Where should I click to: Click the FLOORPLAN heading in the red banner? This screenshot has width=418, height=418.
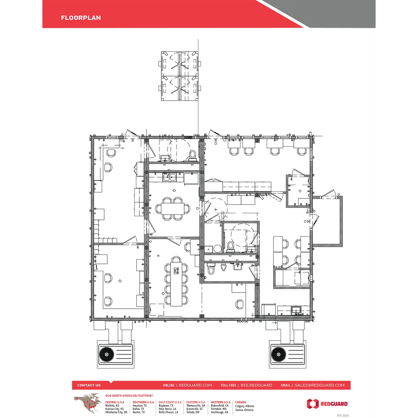pyautogui.click(x=81, y=18)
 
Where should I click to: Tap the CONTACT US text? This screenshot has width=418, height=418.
pyautogui.click(x=89, y=385)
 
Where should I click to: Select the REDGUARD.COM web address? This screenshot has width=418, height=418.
pyautogui.click(x=195, y=385)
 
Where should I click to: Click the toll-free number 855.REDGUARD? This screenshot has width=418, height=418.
pyautogui.click(x=256, y=385)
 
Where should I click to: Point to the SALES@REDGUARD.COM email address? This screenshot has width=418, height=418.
pyautogui.click(x=320, y=385)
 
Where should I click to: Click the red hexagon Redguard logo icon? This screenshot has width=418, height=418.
pyautogui.click(x=313, y=404)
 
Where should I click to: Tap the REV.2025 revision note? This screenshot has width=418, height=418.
pyautogui.click(x=343, y=415)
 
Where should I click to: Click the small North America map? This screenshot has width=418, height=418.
pyautogui.click(x=87, y=403)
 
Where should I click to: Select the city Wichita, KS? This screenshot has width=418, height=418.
pyautogui.click(x=112, y=406)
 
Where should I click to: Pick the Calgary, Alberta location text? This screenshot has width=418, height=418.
pyautogui.click(x=245, y=406)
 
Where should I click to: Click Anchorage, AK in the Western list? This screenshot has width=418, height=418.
pyautogui.click(x=220, y=412)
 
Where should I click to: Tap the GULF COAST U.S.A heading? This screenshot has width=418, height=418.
pyautogui.click(x=170, y=402)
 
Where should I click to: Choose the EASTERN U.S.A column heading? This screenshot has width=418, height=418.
pyautogui.click(x=196, y=402)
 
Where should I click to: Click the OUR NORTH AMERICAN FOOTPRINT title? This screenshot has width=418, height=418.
pyautogui.click(x=129, y=395)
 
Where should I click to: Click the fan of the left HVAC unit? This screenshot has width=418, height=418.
pyautogui.click(x=107, y=354)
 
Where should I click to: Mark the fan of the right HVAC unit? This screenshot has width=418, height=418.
pyautogui.click(x=279, y=354)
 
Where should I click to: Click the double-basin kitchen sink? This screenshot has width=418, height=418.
pyautogui.click(x=169, y=177)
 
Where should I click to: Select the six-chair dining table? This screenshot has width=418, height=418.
pyautogui.click(x=173, y=209)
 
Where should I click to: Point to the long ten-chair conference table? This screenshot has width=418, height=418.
pyautogui.click(x=176, y=284)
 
